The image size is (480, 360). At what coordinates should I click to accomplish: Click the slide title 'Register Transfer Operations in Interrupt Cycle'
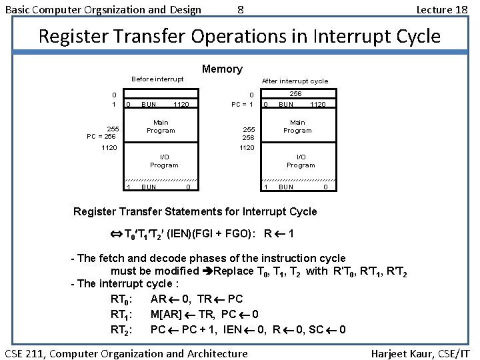tap(239, 36)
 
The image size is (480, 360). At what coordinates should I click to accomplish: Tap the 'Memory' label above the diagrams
tap(222, 69)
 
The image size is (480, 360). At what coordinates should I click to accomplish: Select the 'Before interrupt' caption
tap(157, 79)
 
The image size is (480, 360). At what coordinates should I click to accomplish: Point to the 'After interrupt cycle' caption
tap(295, 81)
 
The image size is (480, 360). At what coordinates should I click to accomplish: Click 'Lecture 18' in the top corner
tap(442, 9)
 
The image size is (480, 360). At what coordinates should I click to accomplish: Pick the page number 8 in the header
tap(240, 9)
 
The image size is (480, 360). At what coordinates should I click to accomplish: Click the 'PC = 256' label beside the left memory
tap(101, 136)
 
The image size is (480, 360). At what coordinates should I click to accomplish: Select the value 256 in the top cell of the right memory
tap(295, 95)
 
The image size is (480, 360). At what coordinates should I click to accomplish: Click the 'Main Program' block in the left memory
tap(161, 127)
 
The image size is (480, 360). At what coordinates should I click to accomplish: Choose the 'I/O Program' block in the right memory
tap(301, 161)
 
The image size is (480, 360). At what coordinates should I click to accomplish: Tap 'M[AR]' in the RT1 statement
tap(166, 315)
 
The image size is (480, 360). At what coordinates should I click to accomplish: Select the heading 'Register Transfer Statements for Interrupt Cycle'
tap(195, 212)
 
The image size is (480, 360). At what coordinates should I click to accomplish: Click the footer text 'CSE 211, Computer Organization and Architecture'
tap(127, 353)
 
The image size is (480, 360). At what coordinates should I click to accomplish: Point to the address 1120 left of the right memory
tap(247, 147)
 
